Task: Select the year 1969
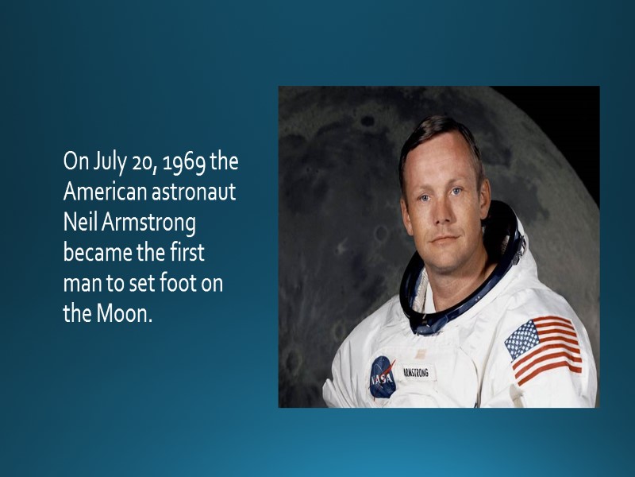[x=186, y=163]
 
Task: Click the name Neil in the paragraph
[x=79, y=223]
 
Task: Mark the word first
[x=187, y=253]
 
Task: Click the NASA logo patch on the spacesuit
[x=382, y=376]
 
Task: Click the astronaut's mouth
[x=444, y=237]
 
